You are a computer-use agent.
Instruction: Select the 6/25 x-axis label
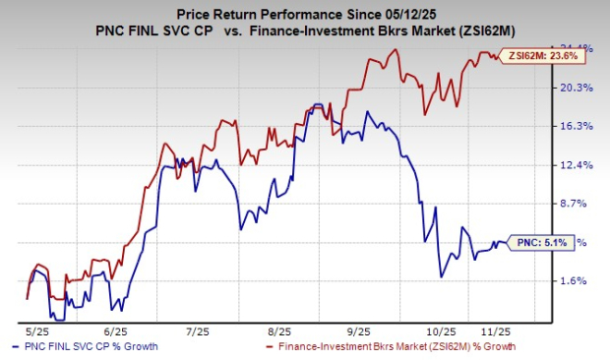click(116, 330)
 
